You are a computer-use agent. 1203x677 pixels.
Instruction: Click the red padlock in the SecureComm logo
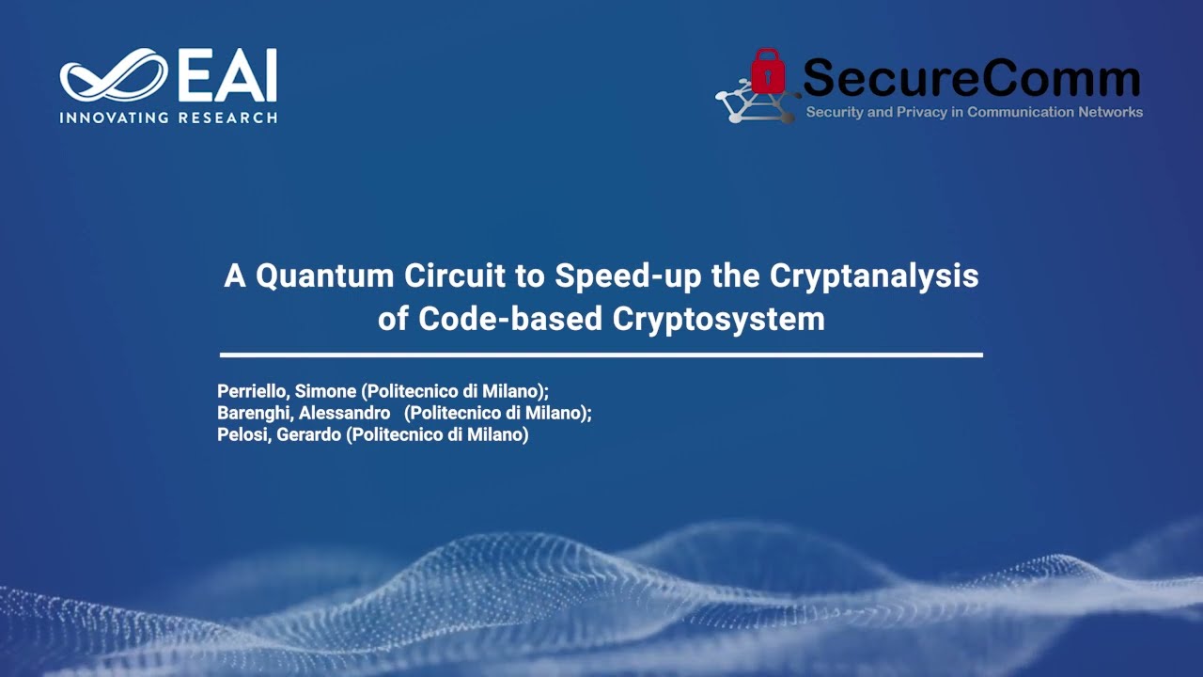pyautogui.click(x=768, y=72)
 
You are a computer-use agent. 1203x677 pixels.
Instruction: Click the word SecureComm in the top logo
pyautogui.click(x=971, y=79)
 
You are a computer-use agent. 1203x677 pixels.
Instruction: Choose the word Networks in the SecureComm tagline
pyautogui.click(x=1108, y=112)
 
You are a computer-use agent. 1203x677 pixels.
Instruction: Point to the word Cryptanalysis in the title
pyautogui.click(x=874, y=276)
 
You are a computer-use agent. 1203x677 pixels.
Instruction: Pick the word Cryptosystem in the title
pyautogui.click(x=719, y=319)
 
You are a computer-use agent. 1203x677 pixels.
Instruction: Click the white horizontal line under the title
pyautogui.click(x=601, y=354)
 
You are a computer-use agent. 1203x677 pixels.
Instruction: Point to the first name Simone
pyautogui.click(x=325, y=391)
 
